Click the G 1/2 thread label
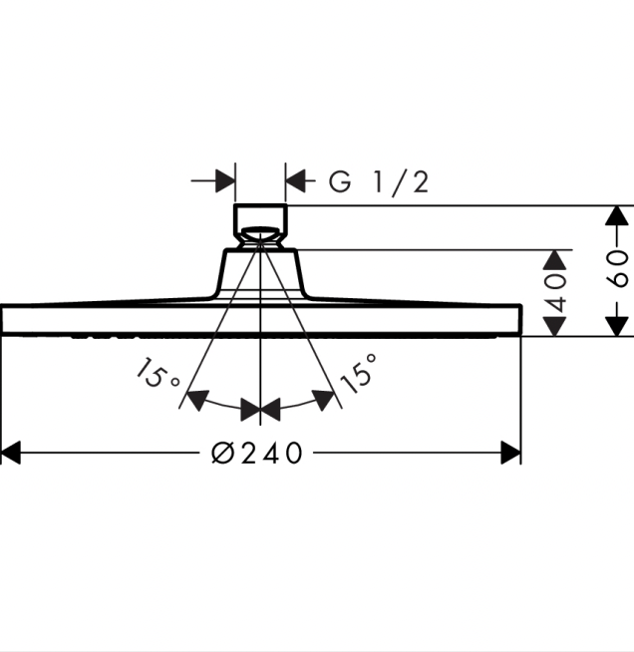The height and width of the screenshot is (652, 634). coord(379,181)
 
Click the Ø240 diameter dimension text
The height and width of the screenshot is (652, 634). coord(257,454)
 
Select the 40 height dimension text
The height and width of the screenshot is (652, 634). coord(555,292)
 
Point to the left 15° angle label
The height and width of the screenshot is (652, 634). coord(158,375)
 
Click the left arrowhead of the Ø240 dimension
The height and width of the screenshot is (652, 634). coord(11,454)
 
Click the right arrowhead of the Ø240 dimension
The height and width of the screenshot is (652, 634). coord(511,454)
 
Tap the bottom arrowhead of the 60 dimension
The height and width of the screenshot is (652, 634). coord(618,325)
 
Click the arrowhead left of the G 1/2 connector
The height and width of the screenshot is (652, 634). coord(225,181)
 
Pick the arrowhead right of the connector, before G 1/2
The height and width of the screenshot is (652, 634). coord(296,181)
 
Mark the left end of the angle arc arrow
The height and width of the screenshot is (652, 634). coord(196,400)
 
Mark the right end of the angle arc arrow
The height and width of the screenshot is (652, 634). coord(326,399)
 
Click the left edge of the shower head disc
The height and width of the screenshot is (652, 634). coord(4,320)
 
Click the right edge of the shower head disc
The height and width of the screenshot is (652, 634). coord(519,320)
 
